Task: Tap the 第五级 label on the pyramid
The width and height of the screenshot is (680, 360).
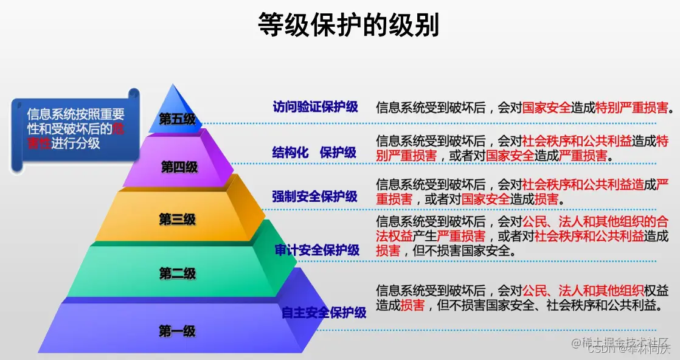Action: tap(177, 119)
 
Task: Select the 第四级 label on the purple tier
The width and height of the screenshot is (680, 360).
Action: tap(179, 167)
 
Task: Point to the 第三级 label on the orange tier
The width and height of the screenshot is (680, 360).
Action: tap(177, 220)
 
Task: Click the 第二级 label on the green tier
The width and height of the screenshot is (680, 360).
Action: tap(177, 274)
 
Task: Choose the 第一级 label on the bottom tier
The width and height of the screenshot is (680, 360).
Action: tap(177, 331)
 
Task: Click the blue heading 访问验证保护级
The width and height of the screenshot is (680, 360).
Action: tap(315, 107)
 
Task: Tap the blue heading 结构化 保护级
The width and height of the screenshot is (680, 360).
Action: tap(314, 153)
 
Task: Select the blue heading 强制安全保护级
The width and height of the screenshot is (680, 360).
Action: tap(314, 197)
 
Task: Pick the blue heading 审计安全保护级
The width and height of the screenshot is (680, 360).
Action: tap(317, 250)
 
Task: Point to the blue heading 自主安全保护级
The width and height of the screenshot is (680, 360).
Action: tap(324, 313)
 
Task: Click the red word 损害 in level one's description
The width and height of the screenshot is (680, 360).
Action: tap(412, 305)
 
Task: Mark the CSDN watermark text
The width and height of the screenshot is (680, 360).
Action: tap(630, 349)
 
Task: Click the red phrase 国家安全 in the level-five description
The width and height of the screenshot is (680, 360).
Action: tap(546, 108)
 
